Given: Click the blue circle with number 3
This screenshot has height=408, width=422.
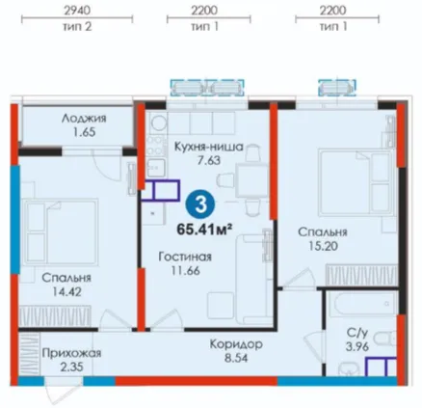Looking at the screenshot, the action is coord(200,204).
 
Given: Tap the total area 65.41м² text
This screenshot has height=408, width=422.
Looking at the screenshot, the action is coord(204,230).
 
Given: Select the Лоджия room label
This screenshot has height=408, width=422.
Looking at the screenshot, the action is coord(84,119).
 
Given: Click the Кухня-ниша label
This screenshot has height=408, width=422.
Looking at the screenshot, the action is coord(209,147).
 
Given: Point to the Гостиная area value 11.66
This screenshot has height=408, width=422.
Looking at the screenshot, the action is coord(186,271).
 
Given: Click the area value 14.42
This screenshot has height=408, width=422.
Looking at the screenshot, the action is coord(66,292).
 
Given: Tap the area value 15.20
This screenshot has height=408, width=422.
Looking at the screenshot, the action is coord(323,246).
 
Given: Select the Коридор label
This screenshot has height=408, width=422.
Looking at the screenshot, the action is coord(236,344).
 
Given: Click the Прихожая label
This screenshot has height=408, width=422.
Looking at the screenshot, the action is coord(71,353).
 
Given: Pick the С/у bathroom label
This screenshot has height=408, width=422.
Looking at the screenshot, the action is coord(357,333).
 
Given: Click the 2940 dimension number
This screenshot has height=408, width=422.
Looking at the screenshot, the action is coord(77,11).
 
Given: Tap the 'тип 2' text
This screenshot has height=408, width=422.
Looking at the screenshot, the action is coord(77,26).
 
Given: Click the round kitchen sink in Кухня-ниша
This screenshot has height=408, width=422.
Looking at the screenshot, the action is coord(157,122).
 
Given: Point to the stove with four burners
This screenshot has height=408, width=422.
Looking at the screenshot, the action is coord(156,147).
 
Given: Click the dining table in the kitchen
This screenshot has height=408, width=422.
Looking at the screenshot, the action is coord(251,179).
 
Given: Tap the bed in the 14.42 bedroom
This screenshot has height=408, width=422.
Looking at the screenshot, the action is coord(60,232).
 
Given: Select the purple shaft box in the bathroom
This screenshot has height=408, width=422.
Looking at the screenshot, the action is coord(382,366).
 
